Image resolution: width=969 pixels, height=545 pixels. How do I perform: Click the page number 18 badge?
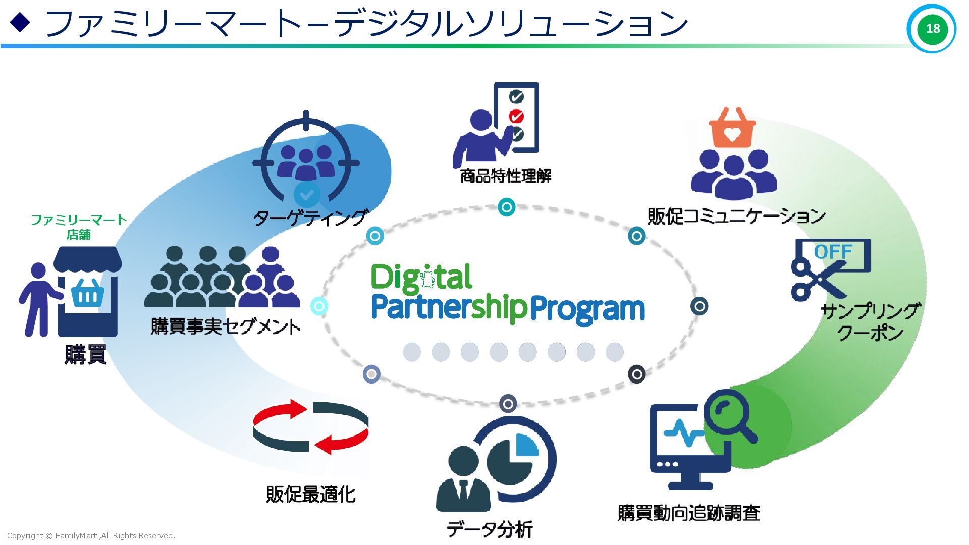point(932,29)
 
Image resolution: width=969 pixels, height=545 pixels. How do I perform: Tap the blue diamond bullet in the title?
point(20,22)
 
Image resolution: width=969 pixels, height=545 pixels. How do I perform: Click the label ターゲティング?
point(310,217)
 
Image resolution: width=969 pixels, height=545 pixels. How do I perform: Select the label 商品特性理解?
point(505,176)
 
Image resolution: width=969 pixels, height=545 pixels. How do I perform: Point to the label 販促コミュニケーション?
point(736,216)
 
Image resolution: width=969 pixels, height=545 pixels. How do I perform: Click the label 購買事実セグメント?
point(225,326)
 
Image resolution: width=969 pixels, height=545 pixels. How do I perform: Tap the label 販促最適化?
point(310,494)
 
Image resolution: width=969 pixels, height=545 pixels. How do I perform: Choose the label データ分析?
point(489,529)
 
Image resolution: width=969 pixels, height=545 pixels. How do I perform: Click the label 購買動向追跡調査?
point(688,513)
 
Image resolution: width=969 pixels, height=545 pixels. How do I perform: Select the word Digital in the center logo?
point(421,278)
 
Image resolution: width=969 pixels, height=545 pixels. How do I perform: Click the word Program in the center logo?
point(587,308)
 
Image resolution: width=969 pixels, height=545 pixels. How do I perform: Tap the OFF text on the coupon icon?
point(833,252)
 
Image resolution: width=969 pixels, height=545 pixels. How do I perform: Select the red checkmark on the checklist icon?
point(516,116)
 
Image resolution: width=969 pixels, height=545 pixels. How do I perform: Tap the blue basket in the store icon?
point(88,293)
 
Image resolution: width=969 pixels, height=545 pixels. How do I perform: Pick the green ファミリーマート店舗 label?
point(79,227)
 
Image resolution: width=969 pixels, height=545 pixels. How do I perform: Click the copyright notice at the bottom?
point(91,536)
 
